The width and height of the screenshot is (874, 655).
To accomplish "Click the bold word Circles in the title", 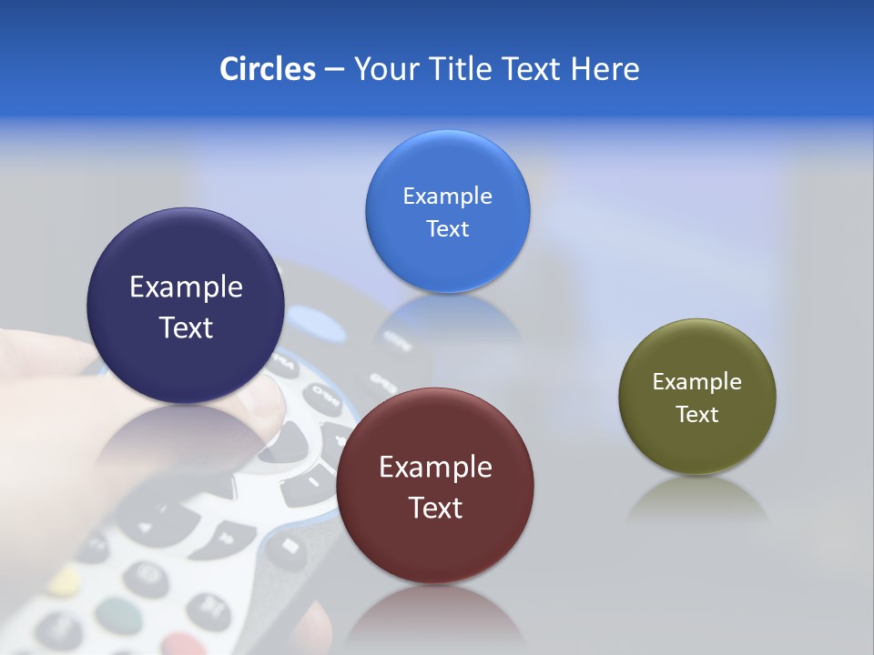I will (267, 69).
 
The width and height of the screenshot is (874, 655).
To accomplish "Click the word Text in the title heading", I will (533, 69).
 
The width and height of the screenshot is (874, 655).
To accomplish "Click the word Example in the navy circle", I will (186, 287).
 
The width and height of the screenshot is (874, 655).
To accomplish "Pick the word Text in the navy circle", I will (186, 327).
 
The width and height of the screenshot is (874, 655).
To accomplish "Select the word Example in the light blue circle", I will (447, 196).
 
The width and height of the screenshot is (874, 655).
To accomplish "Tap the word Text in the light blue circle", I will (447, 229).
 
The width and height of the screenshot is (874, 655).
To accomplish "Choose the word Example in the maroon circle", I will (435, 468).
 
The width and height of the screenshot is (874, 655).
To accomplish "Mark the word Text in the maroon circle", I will (435, 508).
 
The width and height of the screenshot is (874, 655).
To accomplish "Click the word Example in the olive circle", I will (696, 382).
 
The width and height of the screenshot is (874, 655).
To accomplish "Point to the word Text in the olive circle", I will (696, 415).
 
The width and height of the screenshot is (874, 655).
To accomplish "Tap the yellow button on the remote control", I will (64, 580).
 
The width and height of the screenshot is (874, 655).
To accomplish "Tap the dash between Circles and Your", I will (334, 70).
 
